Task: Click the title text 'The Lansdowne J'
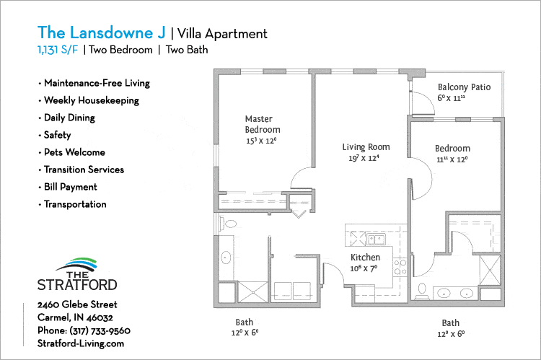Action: point(101,32)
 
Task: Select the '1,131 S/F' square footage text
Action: point(58,50)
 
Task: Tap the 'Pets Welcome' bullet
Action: point(74,152)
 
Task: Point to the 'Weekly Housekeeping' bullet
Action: point(92,100)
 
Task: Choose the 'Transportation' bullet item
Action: point(75,204)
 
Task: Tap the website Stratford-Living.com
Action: point(81,344)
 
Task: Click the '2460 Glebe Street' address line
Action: point(77,304)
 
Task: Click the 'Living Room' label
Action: point(366,147)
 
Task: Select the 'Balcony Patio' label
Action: point(464,87)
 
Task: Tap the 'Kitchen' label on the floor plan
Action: point(365,258)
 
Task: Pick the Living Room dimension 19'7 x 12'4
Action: point(366,158)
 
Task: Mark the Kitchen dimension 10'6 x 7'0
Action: point(365,268)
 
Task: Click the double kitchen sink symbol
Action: point(376,239)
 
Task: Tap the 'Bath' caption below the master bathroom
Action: point(245,322)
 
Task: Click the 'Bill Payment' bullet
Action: point(70,187)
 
